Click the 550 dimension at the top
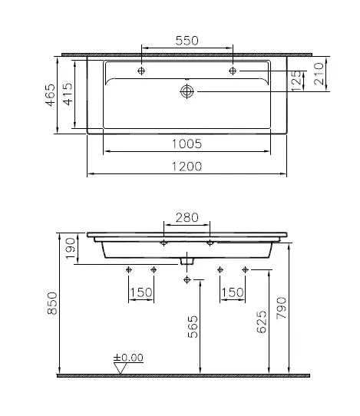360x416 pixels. [x=187, y=41]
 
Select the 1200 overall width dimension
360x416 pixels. [x=187, y=166]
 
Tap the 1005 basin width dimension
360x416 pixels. [x=187, y=143]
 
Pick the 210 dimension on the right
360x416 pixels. [x=318, y=74]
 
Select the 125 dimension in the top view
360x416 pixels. [x=297, y=80]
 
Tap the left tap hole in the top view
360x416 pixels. [x=142, y=71]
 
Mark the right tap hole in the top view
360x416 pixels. [x=233, y=71]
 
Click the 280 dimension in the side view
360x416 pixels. [x=187, y=218]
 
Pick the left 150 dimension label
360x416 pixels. [x=140, y=292]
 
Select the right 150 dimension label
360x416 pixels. [x=233, y=292]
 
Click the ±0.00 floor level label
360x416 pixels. [x=128, y=358]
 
